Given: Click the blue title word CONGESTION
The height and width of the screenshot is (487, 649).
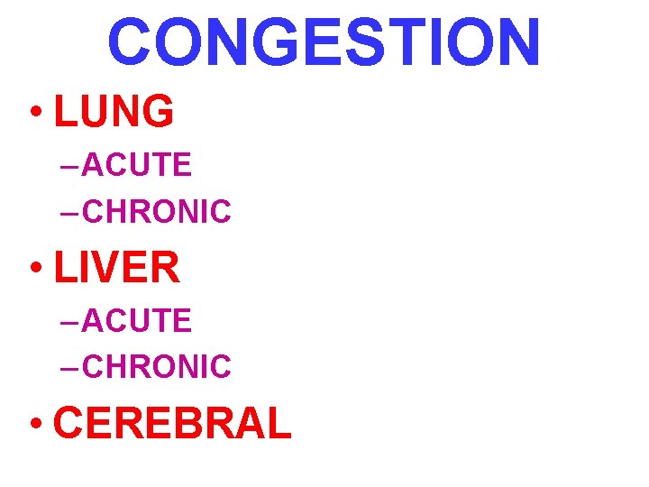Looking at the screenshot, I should [x=324, y=42].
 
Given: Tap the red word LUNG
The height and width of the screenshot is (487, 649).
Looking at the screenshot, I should [x=114, y=112].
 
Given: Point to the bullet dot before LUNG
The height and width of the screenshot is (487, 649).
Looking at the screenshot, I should [x=36, y=114].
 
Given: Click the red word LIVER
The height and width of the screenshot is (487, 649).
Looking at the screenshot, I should [x=117, y=268].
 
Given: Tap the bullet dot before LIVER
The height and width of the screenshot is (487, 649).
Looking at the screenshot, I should [x=36, y=270].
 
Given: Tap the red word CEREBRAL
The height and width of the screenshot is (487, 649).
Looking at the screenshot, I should [x=172, y=423].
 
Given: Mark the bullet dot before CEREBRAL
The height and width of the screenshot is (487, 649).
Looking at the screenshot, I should [x=36, y=425].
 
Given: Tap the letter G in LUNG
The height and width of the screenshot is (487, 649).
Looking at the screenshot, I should [x=156, y=112].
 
